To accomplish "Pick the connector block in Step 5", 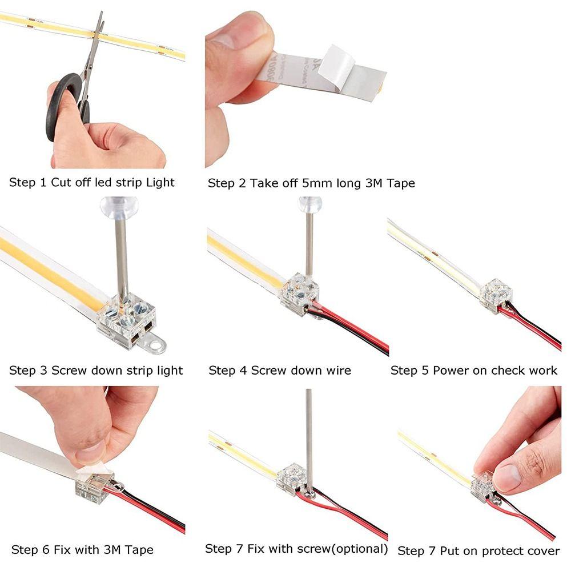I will (495, 295).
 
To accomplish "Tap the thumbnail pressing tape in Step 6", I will (91, 454).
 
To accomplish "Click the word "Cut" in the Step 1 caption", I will (62, 183).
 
